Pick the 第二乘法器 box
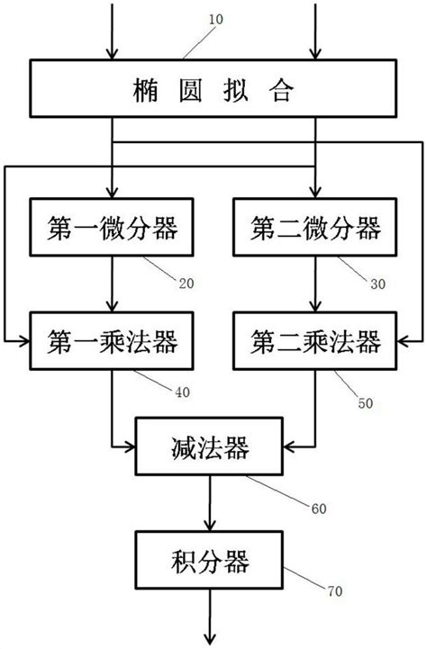[x=314, y=341]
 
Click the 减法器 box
[x=213, y=446]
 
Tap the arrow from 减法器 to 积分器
[x=213, y=503]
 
